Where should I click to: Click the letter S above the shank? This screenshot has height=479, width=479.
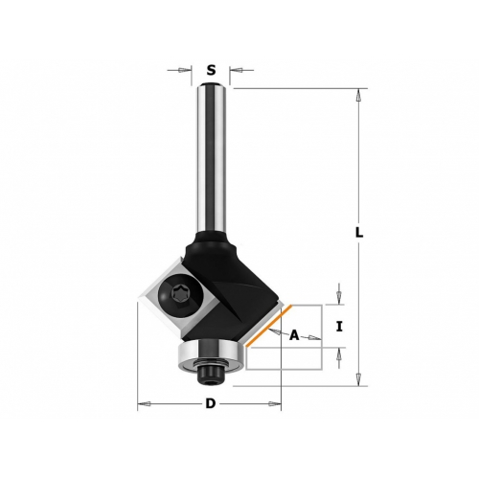click(211, 70)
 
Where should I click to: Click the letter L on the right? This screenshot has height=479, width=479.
click(359, 233)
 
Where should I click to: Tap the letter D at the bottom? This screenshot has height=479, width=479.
click(211, 403)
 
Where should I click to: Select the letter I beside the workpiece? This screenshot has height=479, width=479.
click(339, 327)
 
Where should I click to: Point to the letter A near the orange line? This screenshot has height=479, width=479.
click(294, 335)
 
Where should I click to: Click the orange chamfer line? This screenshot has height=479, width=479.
click(269, 326)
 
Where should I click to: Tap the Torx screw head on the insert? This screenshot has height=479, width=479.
click(177, 293)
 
